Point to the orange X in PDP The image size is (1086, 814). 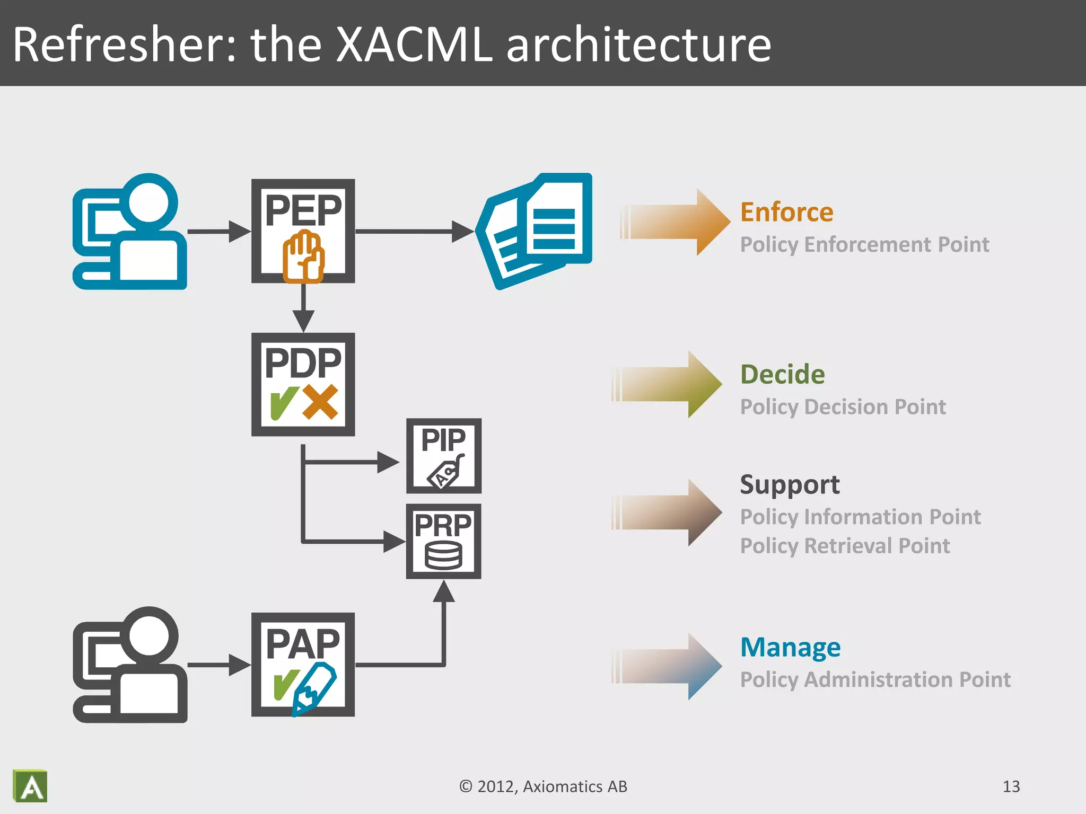tap(320, 402)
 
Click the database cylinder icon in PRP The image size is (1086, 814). tap(443, 556)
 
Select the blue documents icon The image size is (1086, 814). tap(536, 231)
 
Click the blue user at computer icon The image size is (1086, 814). tap(130, 232)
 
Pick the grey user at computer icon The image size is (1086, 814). tap(130, 665)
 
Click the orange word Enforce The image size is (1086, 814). tap(786, 213)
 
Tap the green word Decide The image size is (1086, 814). tap(782, 375)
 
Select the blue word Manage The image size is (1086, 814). tap(790, 648)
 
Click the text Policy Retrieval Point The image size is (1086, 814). tap(845, 546)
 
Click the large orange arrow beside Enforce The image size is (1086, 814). tap(676, 222)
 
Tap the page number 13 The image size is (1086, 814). tap(1011, 786)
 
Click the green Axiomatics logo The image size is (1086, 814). tap(30, 786)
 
